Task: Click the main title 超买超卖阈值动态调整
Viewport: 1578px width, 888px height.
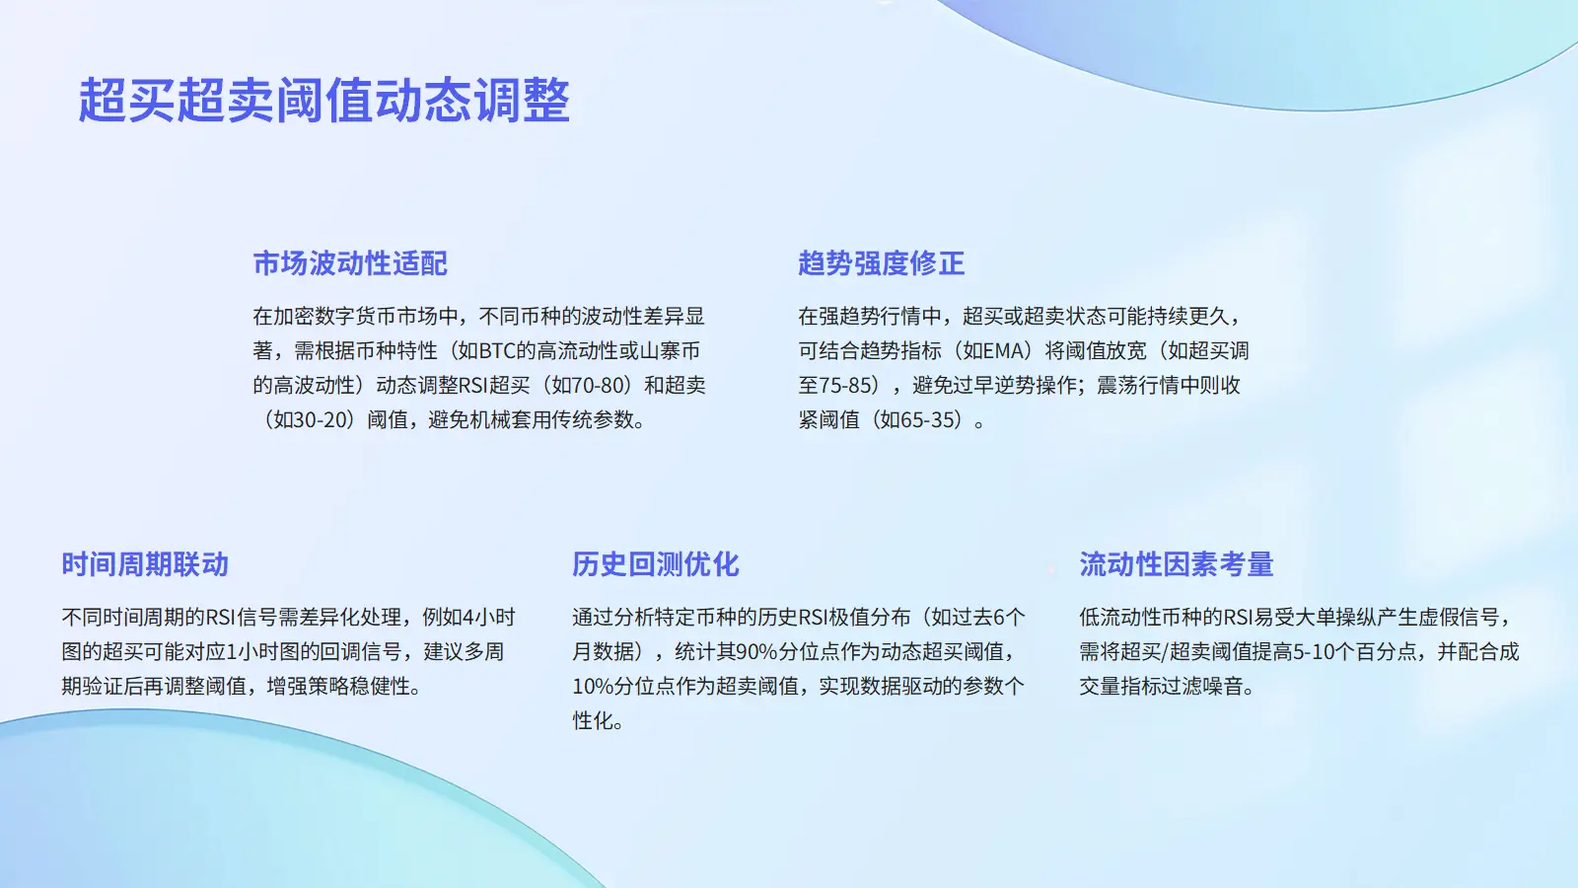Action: click(323, 100)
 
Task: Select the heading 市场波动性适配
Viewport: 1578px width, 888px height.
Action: click(350, 263)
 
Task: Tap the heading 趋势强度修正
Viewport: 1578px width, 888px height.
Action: click(882, 263)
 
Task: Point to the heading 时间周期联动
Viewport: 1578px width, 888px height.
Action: click(145, 564)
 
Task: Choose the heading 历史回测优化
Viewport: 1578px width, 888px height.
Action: click(655, 564)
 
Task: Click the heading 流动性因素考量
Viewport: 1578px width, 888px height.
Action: click(1177, 564)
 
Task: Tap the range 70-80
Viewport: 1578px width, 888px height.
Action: click(599, 386)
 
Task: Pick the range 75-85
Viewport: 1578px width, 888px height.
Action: click(845, 386)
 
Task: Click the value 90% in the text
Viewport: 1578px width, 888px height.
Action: click(755, 652)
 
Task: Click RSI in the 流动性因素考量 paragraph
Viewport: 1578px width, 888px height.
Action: click(1237, 618)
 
